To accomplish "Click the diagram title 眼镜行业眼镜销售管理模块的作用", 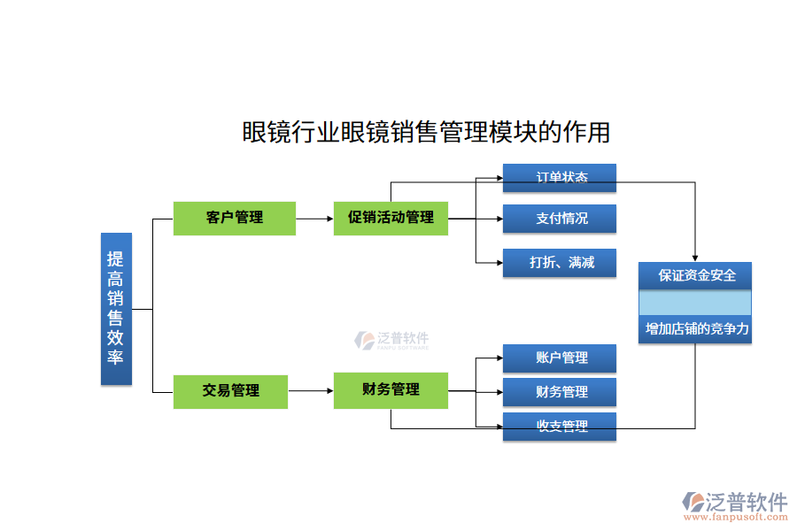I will [x=426, y=132].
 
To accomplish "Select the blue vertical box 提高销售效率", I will [x=116, y=309].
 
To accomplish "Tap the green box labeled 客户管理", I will [x=234, y=218].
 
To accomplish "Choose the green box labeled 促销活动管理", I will [x=391, y=218].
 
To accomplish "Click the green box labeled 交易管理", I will [x=230, y=391].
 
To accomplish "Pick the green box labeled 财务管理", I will [x=391, y=390].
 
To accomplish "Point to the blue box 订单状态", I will [x=560, y=178].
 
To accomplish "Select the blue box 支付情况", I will [x=560, y=219].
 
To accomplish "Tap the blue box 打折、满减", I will [x=560, y=263].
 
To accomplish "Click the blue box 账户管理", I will [x=560, y=358].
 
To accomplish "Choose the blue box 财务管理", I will [x=560, y=392].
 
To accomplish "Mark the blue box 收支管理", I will [x=560, y=427].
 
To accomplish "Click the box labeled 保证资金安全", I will [x=695, y=275].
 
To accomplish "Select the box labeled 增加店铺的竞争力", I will [x=695, y=329].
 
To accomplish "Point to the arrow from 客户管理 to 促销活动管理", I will [x=314, y=218].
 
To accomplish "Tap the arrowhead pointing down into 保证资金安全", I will [x=695, y=257].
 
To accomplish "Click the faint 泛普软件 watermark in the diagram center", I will [x=392, y=341].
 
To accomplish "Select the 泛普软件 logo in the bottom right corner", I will [x=734, y=502].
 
